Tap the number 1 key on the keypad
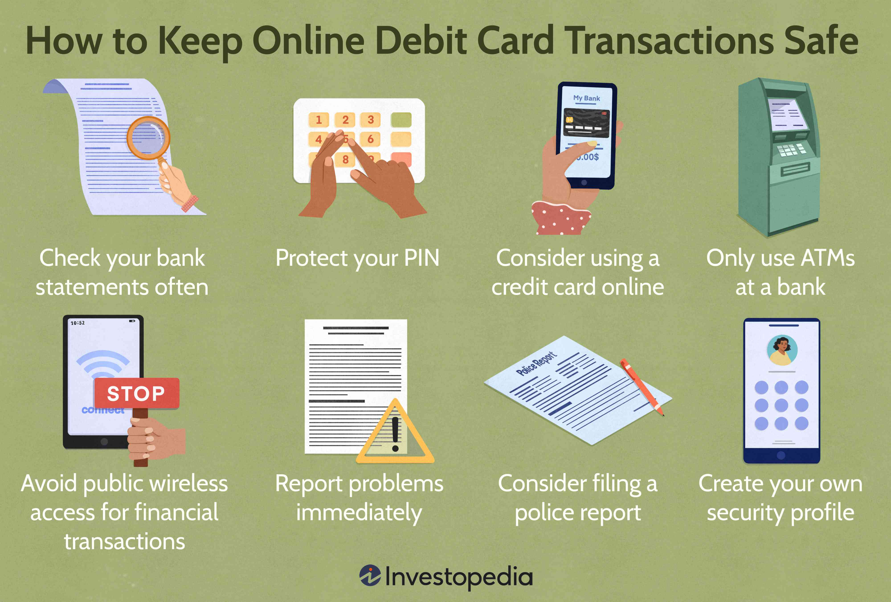(x=319, y=120)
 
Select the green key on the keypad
(x=401, y=120)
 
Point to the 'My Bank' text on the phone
(x=587, y=98)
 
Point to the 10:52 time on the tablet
(x=78, y=323)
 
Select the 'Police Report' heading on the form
(x=536, y=363)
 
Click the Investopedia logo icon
(x=370, y=575)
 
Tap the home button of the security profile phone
(x=781, y=456)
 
